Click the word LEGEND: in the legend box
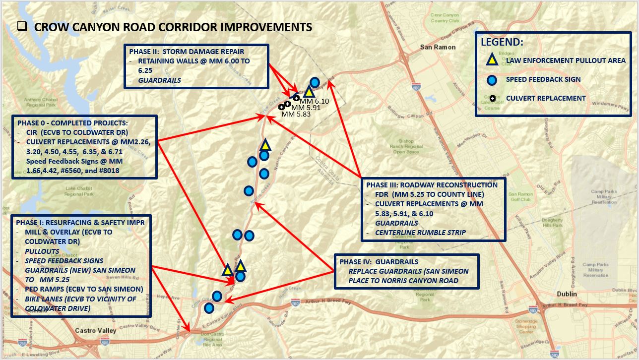click(x=502, y=42)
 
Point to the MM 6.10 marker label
click(x=312, y=101)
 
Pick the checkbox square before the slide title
click(x=22, y=27)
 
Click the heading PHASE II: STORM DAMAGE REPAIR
click(x=187, y=51)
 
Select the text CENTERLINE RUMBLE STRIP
click(x=420, y=233)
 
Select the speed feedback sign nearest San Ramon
click(x=315, y=82)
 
